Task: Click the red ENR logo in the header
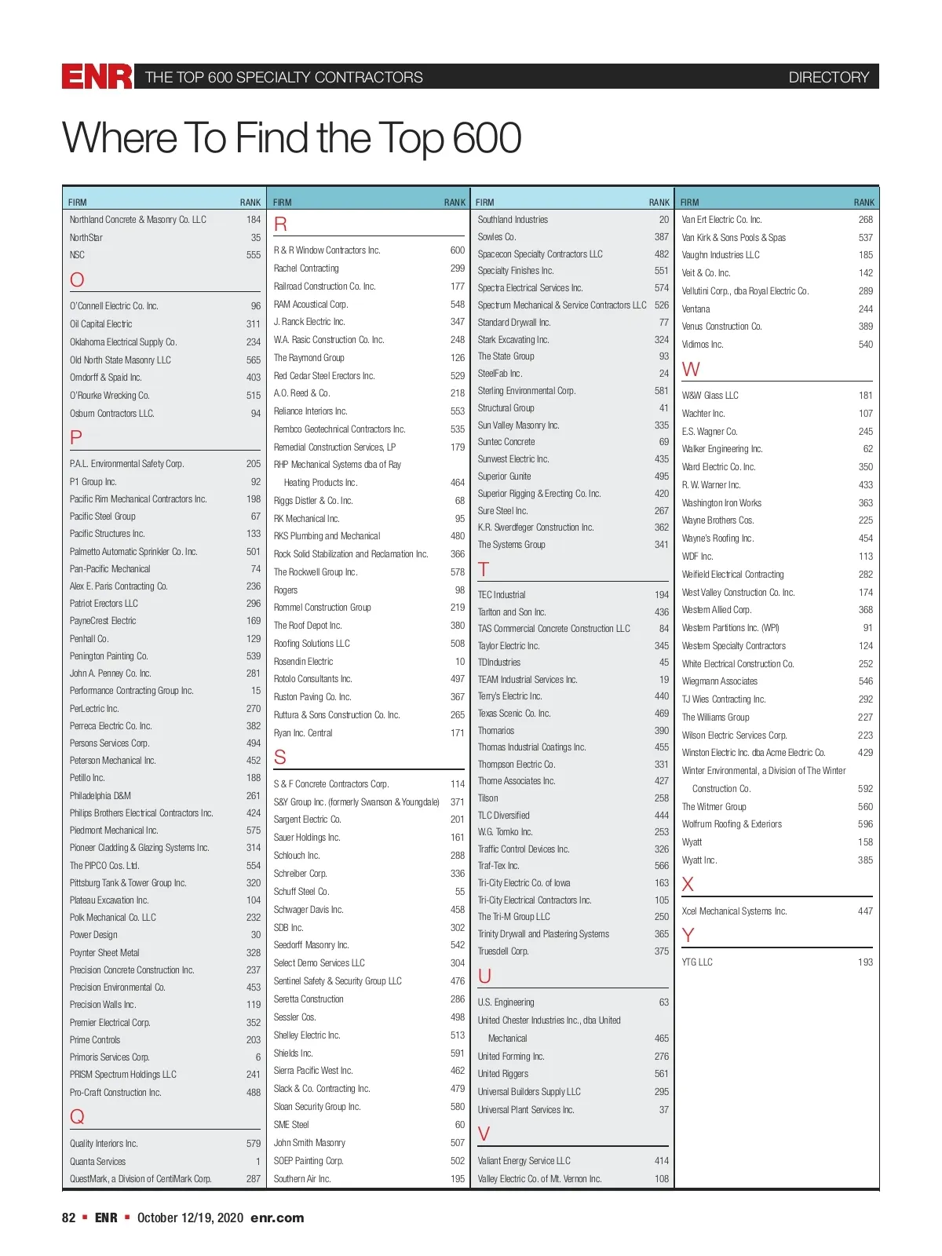97,77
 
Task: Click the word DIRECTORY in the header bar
828,77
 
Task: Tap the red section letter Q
77,1116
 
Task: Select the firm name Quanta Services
97,1161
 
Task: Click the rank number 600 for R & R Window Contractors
457,250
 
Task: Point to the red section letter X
688,885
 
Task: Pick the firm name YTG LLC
697,962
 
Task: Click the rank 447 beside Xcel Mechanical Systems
865,911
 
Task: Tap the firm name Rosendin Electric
303,662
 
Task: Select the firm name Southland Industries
513,220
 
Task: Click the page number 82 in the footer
69,1218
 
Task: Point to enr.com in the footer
277,1218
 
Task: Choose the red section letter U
484,976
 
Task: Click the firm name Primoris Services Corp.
109,1057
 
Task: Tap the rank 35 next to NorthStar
256,237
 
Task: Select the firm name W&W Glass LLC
710,396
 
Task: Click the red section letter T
484,569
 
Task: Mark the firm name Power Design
93,935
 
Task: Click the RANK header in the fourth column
863,203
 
